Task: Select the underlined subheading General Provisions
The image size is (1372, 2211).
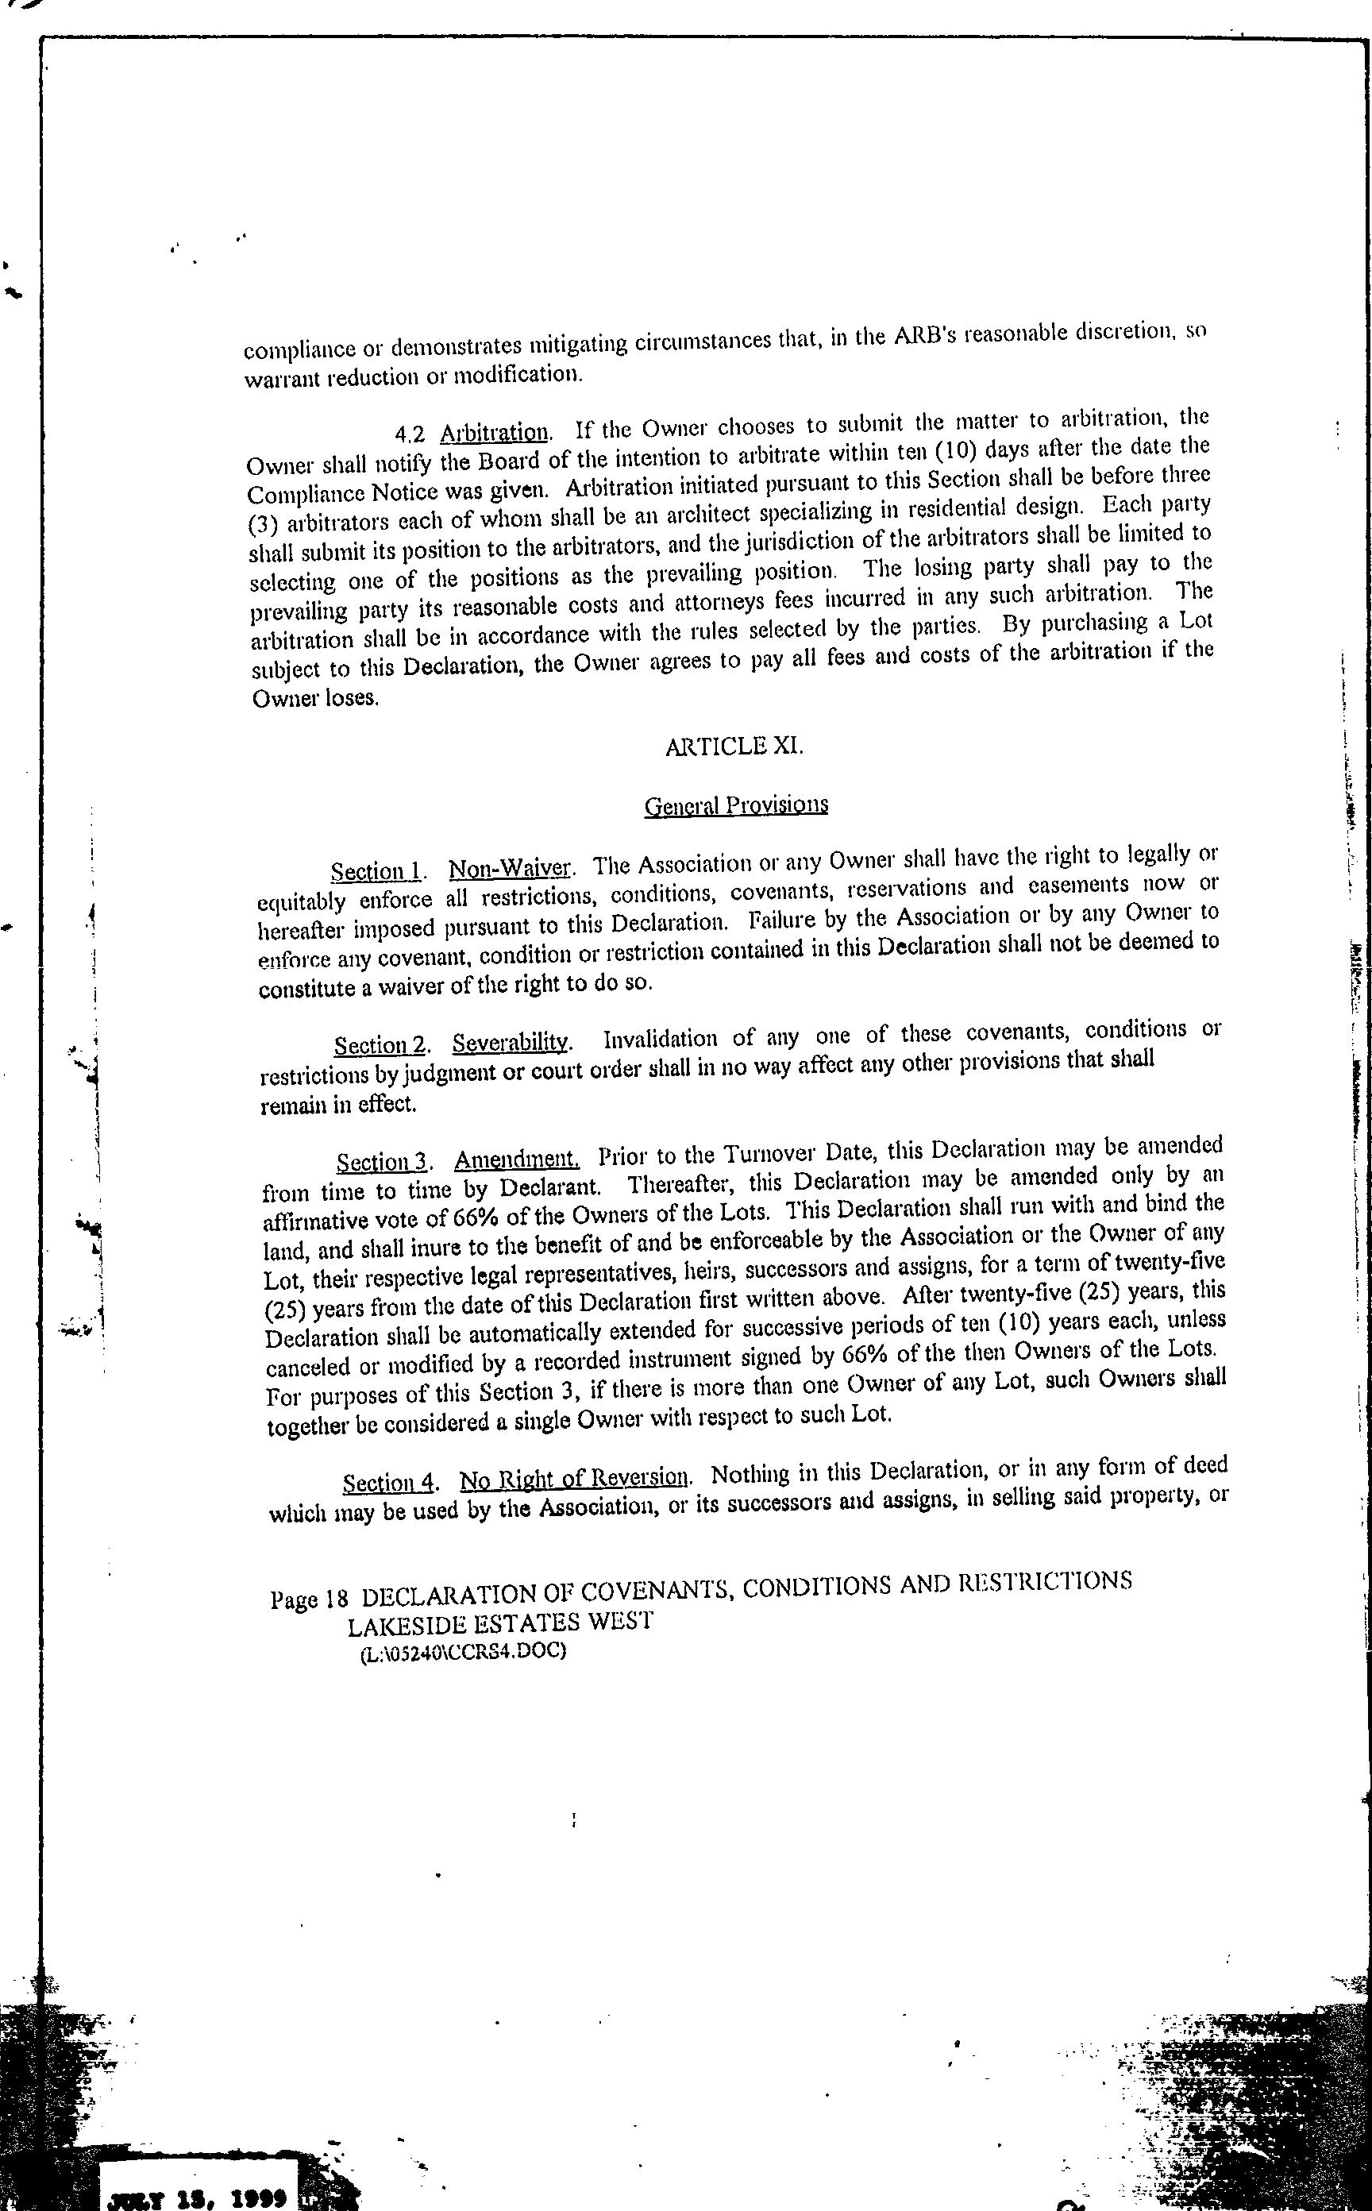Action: pos(735,805)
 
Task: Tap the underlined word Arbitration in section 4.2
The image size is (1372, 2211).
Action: pos(495,432)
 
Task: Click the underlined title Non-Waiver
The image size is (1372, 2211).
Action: pos(510,869)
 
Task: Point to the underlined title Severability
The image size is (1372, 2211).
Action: pos(510,1043)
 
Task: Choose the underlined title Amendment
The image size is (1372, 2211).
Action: pos(516,1160)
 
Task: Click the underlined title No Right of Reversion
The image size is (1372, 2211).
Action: pos(574,1480)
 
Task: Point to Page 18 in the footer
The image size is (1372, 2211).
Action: pos(310,1599)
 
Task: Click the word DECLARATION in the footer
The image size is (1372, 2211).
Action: pos(450,1596)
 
